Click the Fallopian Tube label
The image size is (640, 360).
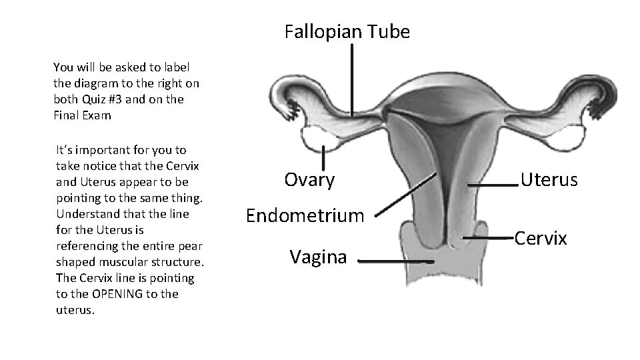point(347,31)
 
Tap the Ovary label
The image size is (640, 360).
point(309,179)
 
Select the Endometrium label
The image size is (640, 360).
point(305,215)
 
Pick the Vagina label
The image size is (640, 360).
point(318,257)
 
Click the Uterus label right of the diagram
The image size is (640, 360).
point(549,179)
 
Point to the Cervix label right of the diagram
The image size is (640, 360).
point(540,238)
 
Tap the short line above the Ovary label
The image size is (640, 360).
point(323,159)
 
